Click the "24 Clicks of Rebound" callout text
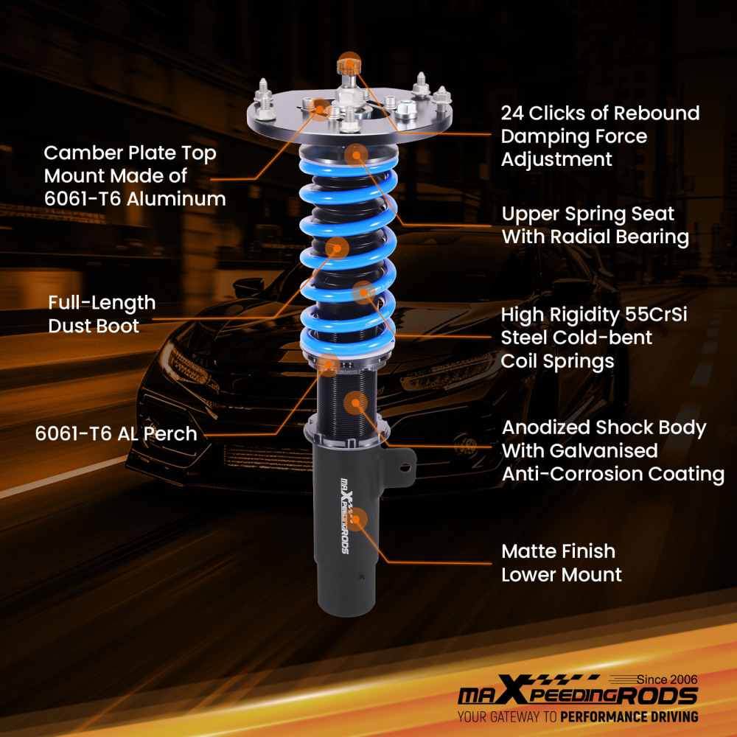pyautogui.click(x=600, y=113)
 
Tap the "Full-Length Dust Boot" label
pyautogui.click(x=102, y=314)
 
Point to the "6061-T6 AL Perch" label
pyautogui.click(x=116, y=433)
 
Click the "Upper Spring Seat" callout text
pyautogui.click(x=587, y=214)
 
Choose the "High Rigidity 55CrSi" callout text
pyautogui.click(x=598, y=315)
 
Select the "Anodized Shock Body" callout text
pyautogui.click(x=604, y=427)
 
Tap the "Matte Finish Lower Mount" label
pyautogui.click(x=561, y=562)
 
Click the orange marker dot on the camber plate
pyautogui.click(x=321, y=108)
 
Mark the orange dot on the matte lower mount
pyautogui.click(x=357, y=520)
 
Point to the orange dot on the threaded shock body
pyautogui.click(x=356, y=402)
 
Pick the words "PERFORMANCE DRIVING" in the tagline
pyautogui.click(x=629, y=716)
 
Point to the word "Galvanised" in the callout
pyautogui.click(x=579, y=450)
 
